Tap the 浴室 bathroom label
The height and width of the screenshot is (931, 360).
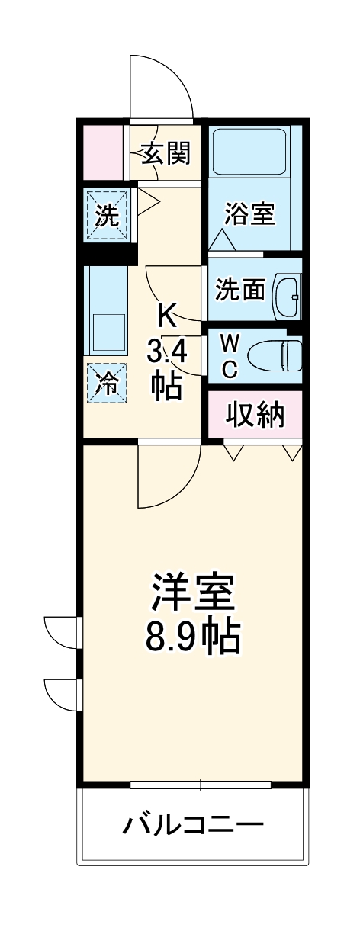[249, 214]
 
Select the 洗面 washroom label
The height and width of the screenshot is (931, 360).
[240, 290]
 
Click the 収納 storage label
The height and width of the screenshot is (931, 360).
[255, 416]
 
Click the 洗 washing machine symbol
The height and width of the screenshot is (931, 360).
[107, 216]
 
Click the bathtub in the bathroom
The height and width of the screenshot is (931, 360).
[249, 152]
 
